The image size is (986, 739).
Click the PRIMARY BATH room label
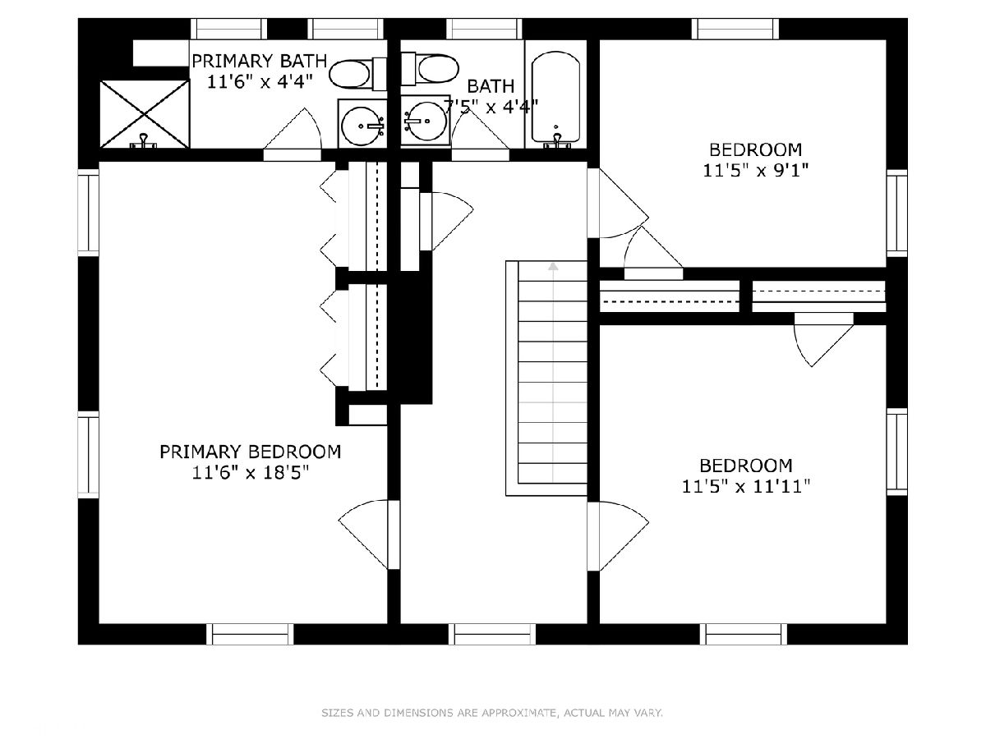tap(259, 61)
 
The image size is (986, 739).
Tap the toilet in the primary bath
tap(357, 74)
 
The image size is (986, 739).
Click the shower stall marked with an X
tap(144, 114)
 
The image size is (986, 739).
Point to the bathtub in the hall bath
tap(555, 99)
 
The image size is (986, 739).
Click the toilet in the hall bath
tap(430, 69)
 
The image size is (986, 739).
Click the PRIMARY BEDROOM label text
tap(251, 452)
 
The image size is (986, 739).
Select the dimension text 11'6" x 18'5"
tap(251, 472)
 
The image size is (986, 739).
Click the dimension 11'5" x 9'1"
tap(756, 171)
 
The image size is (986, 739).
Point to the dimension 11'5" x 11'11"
tap(746, 486)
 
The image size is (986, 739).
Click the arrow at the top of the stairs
tap(553, 266)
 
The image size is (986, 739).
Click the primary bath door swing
tap(292, 133)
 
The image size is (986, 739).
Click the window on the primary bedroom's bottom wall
tap(251, 634)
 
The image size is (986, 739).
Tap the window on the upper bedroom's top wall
tap(735, 30)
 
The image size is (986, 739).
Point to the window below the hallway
tap(492, 634)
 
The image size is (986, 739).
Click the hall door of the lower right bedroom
tap(618, 535)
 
